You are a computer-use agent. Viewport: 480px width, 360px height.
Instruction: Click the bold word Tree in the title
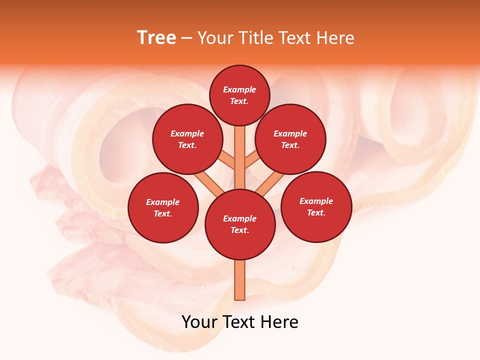pos(156,38)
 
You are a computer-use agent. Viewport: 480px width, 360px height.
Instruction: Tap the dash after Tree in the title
pos(186,38)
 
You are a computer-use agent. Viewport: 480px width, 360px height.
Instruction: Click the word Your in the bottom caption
pos(199,322)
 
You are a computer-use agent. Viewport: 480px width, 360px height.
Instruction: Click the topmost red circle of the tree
pos(239,95)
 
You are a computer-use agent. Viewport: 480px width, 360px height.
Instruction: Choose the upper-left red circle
pos(187,139)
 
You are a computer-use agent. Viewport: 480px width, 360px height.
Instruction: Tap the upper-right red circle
pos(290,139)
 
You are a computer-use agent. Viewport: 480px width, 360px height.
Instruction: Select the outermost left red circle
pos(163,207)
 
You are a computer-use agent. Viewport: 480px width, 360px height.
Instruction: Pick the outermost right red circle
pos(316,206)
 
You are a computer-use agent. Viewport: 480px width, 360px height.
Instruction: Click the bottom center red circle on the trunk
pos(240,224)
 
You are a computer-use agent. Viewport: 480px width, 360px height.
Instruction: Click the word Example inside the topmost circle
pos(239,89)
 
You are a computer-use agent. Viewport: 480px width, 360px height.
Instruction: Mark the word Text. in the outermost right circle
pos(316,212)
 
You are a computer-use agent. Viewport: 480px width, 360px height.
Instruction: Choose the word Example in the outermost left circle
pos(163,202)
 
